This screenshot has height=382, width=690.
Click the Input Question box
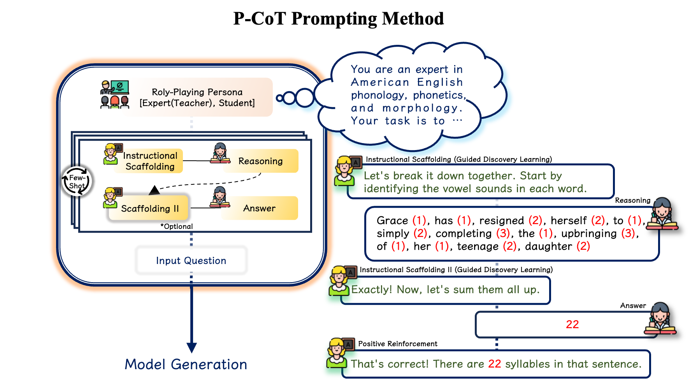tap(191, 260)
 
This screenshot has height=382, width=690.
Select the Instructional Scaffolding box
tap(150, 161)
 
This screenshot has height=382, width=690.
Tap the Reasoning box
tap(260, 161)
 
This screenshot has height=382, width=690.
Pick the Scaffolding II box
tap(149, 209)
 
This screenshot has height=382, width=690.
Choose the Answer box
tap(260, 208)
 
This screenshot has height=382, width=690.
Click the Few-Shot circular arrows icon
tap(77, 182)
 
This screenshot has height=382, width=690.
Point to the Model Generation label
tap(186, 364)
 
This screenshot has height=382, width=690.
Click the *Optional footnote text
tap(177, 226)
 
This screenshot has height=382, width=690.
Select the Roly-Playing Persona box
tap(197, 97)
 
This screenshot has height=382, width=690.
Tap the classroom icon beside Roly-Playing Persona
tap(114, 94)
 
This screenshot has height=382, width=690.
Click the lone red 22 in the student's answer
tap(572, 324)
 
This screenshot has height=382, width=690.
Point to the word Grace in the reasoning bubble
tap(392, 221)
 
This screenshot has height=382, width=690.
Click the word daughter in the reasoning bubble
tap(548, 246)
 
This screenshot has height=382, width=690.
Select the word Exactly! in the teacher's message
tap(372, 290)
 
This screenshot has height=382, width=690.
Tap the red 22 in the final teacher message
tap(494, 364)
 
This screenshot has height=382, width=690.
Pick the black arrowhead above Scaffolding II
tap(155, 190)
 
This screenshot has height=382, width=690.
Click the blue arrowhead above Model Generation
tap(191, 347)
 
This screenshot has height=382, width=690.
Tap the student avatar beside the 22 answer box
tap(660, 319)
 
